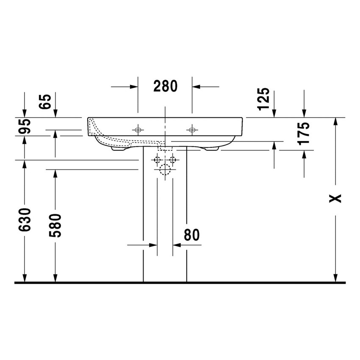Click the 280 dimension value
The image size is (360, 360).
(165, 86)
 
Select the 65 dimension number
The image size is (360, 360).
(47, 102)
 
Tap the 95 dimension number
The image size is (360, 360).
(26, 127)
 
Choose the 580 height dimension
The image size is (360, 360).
(55, 225)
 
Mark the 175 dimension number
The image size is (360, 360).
(304, 134)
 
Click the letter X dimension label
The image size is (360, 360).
(335, 198)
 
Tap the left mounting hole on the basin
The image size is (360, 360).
(138, 129)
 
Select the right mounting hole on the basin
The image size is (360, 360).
(192, 129)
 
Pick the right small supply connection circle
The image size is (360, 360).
(172, 160)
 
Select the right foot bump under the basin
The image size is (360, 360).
(211, 149)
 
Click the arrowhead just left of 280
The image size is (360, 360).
(134, 86)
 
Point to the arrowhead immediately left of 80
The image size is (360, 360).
(153, 245)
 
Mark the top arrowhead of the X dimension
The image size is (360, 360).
(335, 121)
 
